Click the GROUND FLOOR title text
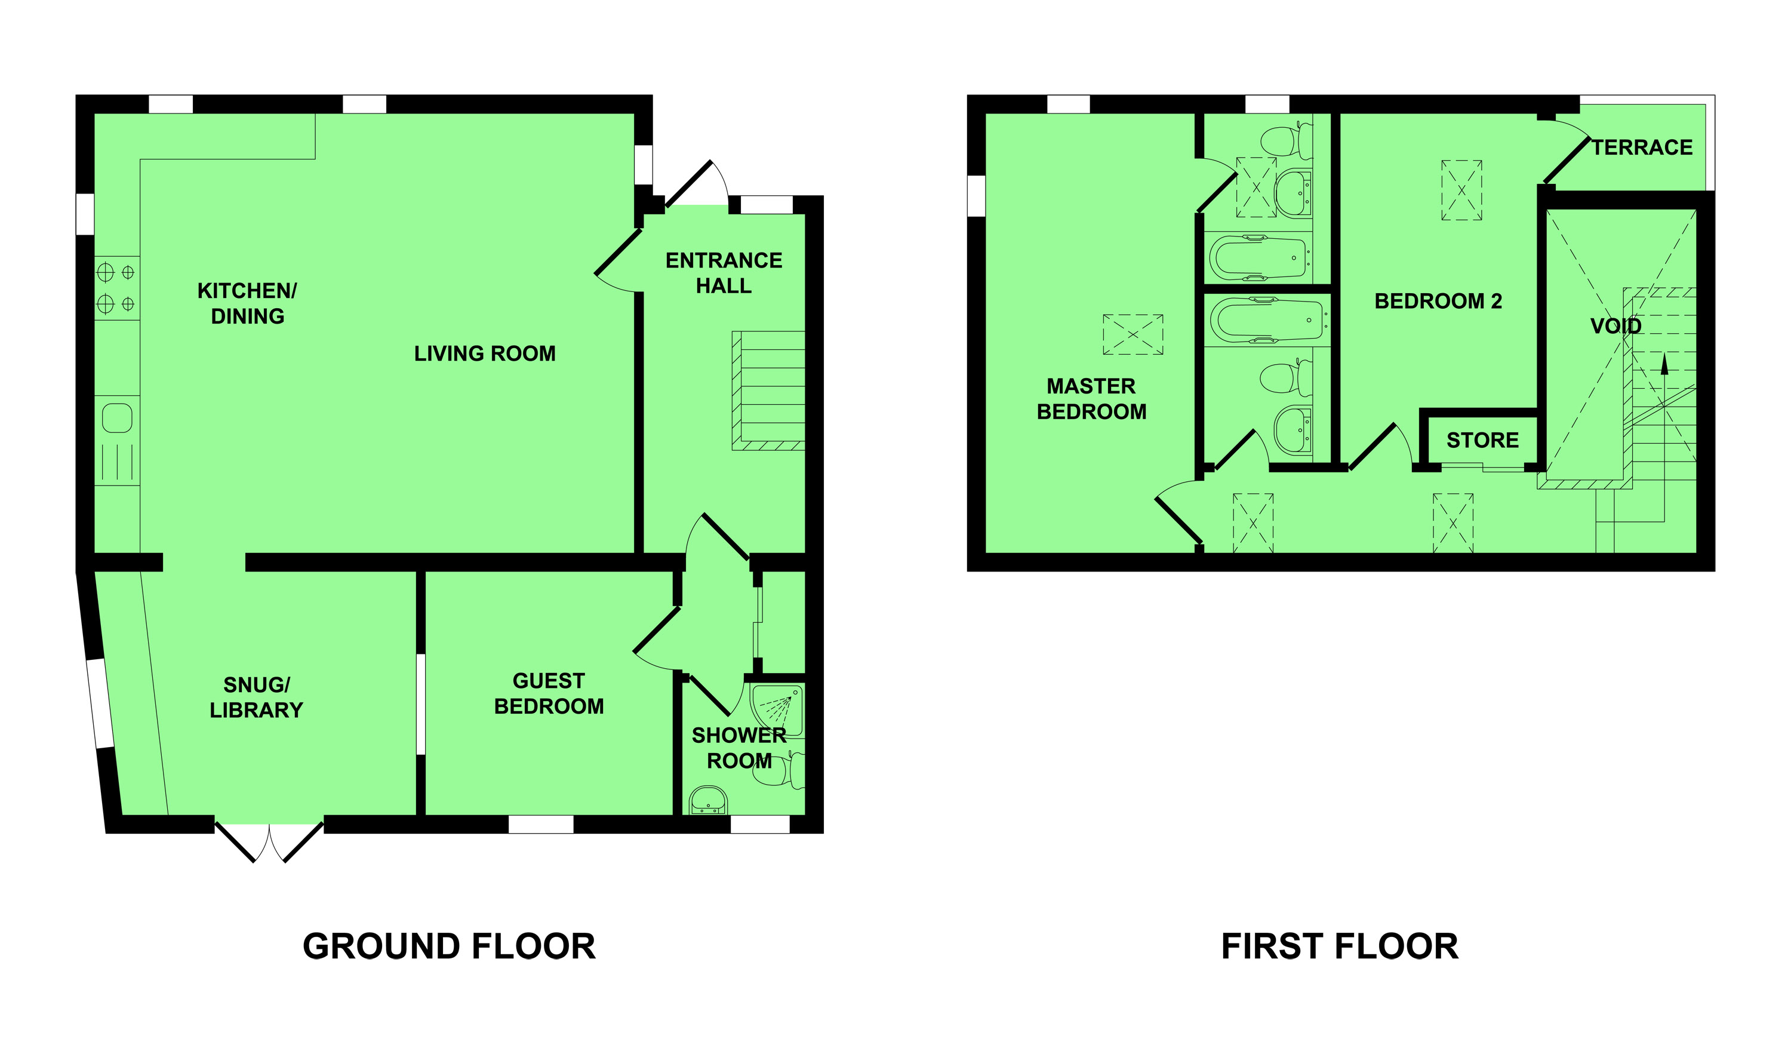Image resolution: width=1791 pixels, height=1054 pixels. (x=449, y=947)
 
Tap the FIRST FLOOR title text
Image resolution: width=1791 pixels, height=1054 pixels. (x=1340, y=947)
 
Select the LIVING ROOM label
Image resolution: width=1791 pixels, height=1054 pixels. (x=485, y=354)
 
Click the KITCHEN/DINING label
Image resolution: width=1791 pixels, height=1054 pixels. (x=247, y=303)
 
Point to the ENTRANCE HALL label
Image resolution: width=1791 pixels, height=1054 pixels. (x=724, y=273)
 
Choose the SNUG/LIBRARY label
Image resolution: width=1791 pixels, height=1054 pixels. (x=257, y=697)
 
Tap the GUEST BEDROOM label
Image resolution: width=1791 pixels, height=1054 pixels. (x=549, y=694)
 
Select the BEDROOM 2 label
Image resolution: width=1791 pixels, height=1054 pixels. (x=1438, y=302)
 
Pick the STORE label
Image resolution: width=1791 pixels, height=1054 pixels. (x=1482, y=441)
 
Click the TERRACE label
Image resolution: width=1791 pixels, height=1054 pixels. (x=1642, y=148)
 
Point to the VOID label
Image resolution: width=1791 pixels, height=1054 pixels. (x=1615, y=326)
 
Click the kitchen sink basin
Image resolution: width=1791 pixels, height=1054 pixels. (x=117, y=418)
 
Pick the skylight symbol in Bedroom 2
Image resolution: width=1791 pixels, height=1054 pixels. (x=1461, y=190)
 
